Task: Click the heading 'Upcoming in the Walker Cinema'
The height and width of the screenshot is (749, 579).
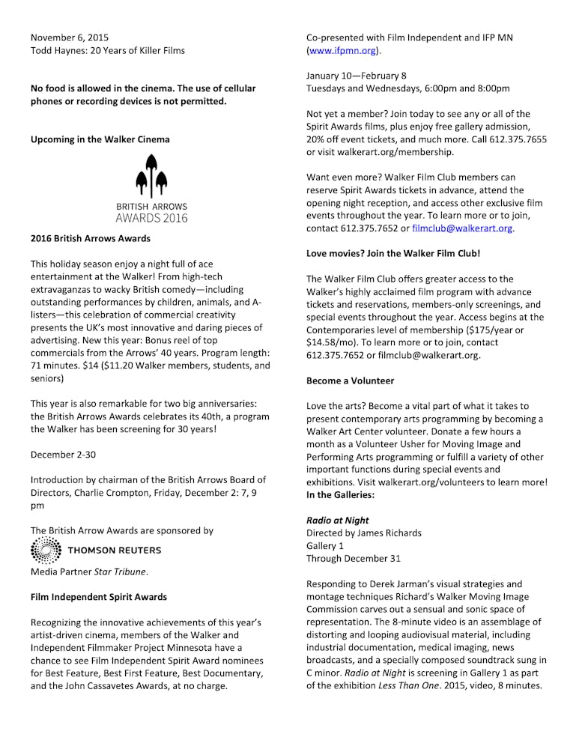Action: [100, 139]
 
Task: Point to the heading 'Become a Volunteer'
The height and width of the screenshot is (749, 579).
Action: [350, 380]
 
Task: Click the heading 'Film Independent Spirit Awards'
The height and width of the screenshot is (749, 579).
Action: [99, 597]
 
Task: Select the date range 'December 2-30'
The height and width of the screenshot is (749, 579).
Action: [63, 455]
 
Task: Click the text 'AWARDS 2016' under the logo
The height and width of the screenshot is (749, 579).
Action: [151, 218]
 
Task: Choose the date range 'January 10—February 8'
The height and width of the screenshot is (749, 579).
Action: [356, 76]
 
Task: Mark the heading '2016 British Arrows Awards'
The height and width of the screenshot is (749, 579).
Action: [90, 239]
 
